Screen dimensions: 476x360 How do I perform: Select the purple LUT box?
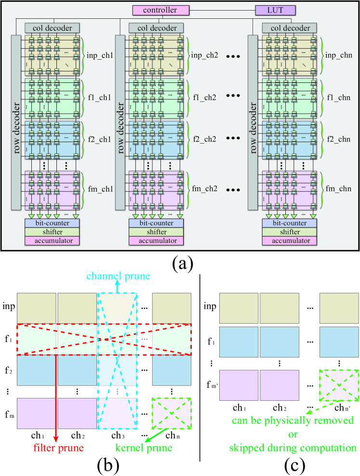click(274, 9)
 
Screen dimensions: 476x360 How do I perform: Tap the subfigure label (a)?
click(180, 264)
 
